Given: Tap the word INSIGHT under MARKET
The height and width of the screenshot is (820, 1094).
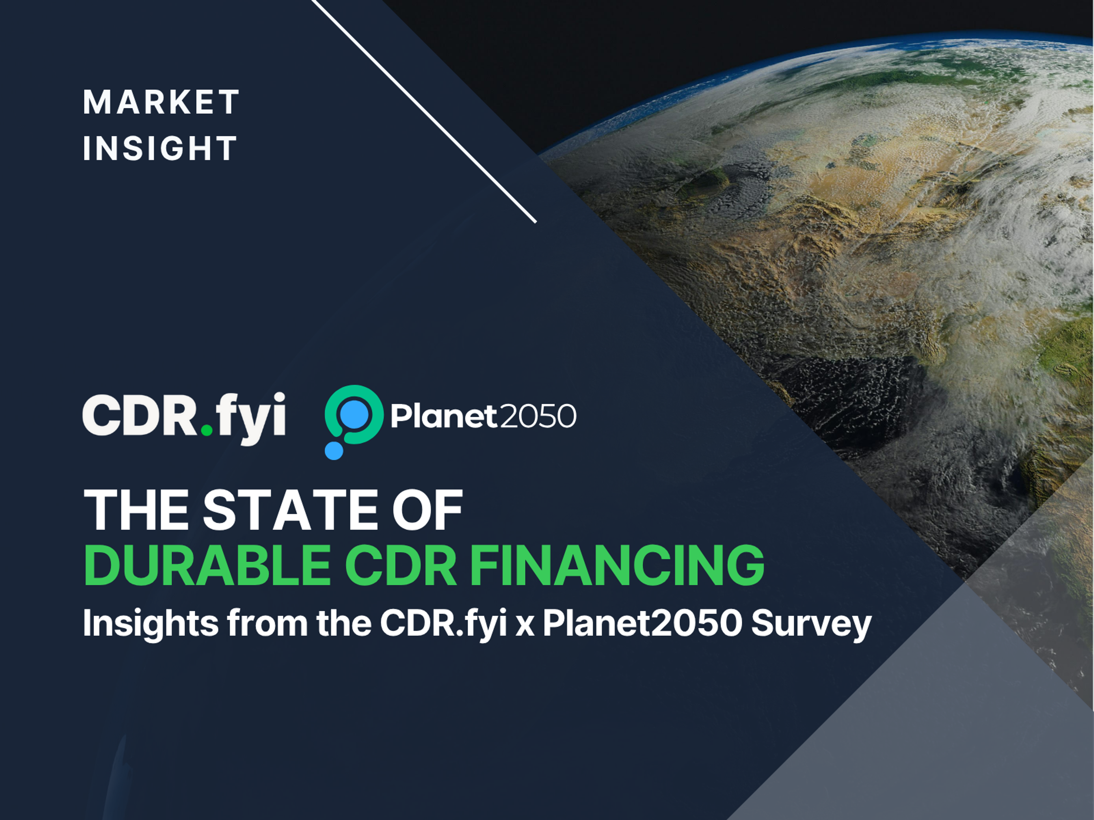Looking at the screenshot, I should click(x=160, y=148).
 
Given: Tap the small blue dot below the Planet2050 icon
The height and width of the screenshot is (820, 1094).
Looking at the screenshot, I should click(x=334, y=450).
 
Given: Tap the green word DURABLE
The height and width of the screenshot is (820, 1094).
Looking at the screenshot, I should click(x=207, y=565).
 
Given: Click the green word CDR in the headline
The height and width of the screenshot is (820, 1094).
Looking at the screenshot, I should click(x=401, y=565).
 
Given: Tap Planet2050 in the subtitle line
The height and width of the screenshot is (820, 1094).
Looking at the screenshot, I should click(x=642, y=623).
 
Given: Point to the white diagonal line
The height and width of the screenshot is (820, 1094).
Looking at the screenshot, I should click(x=424, y=112).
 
